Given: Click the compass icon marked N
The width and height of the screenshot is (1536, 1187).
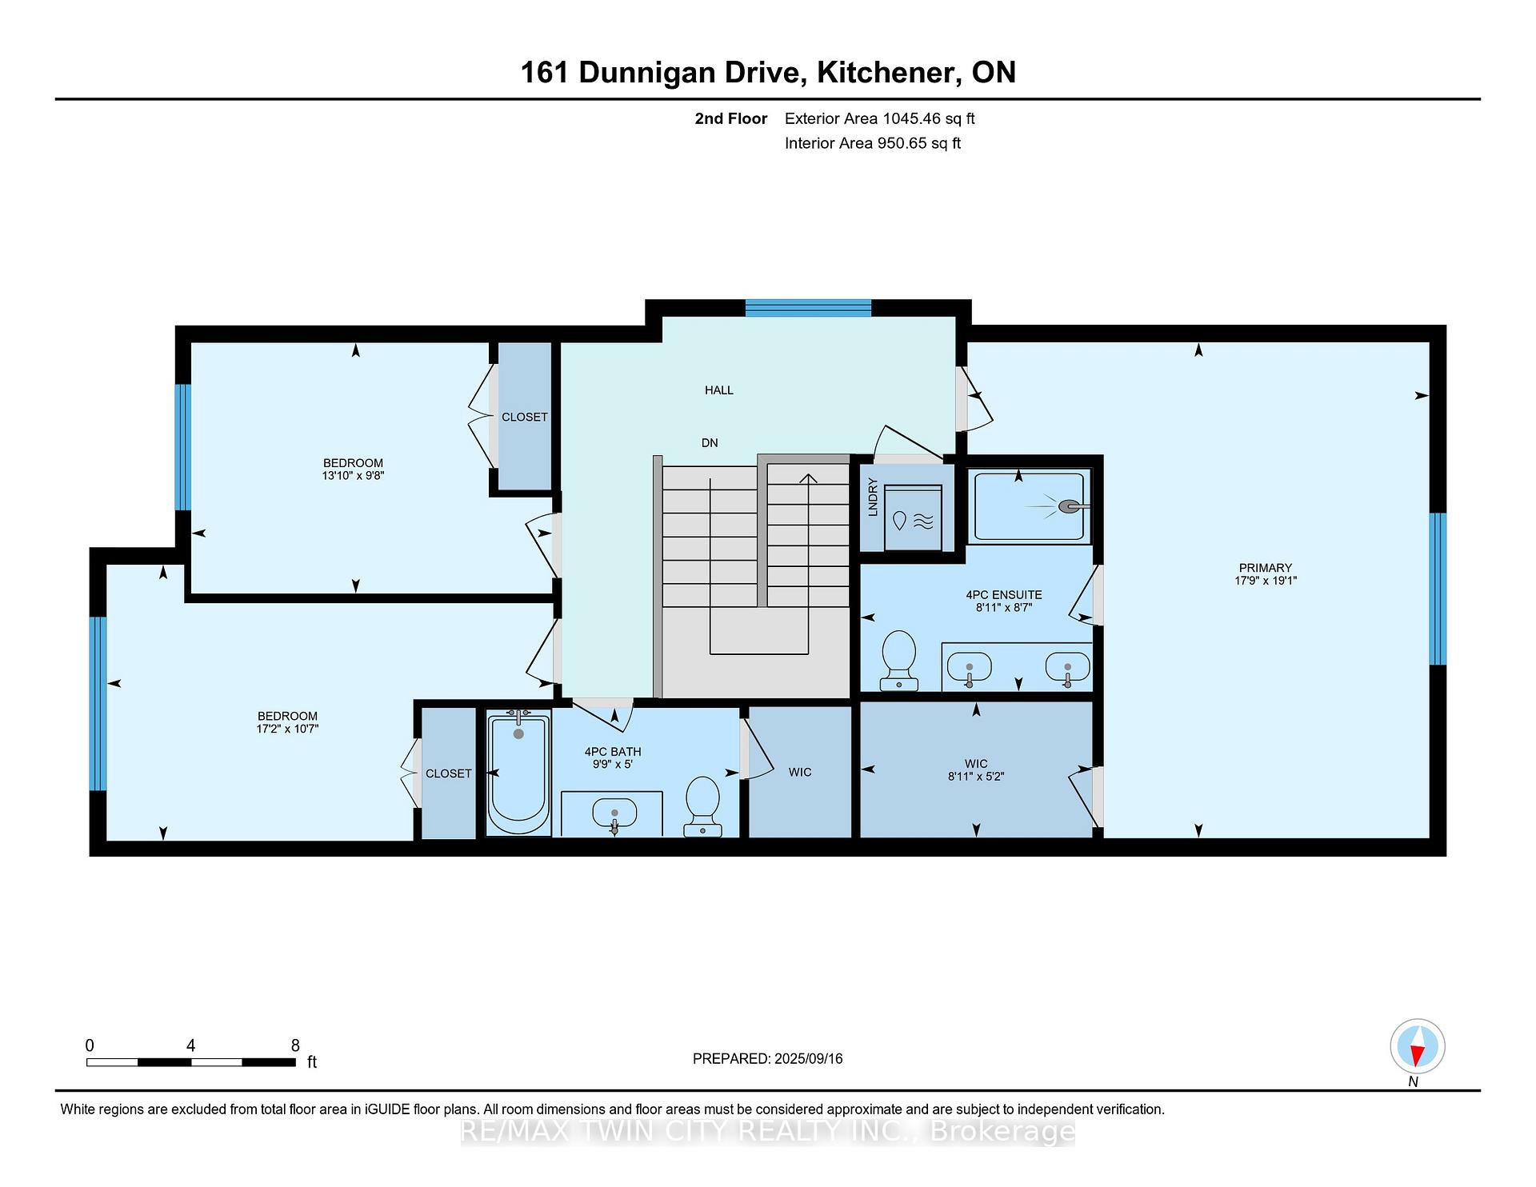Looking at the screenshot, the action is (1417, 1046).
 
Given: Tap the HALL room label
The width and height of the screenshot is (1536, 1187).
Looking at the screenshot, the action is (718, 390).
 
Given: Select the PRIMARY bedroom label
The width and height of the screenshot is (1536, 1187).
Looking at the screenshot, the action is (1265, 568).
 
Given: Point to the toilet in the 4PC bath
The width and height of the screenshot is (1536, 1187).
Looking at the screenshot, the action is (703, 806).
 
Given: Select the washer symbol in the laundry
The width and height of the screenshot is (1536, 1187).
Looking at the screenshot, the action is (913, 518).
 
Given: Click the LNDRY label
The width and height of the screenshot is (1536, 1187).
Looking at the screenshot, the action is (873, 497).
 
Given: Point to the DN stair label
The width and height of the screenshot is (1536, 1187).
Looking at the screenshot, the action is (710, 443).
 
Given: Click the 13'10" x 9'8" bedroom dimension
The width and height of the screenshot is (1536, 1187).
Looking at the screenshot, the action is (353, 475).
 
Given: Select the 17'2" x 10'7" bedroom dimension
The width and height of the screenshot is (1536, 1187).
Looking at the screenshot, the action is (287, 729).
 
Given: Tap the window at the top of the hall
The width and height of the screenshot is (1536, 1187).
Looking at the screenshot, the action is (808, 308).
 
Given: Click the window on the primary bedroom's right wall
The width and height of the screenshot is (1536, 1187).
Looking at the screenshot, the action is (1438, 589).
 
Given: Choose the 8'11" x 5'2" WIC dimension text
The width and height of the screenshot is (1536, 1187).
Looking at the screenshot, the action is (976, 776).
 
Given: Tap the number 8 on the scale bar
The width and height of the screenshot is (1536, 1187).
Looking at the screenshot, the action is (295, 1045).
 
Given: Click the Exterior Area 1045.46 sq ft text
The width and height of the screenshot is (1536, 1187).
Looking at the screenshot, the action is (879, 119).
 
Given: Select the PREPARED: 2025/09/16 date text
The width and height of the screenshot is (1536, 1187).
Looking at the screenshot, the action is (767, 1059).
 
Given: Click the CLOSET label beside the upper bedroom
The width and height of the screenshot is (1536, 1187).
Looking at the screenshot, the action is (524, 417).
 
